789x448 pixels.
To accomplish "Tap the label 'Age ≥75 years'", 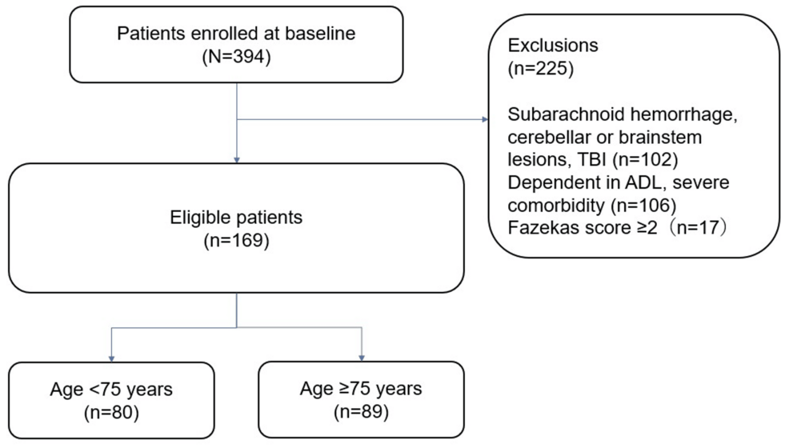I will (362, 391).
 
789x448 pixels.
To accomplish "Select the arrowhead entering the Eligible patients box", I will (237, 159).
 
